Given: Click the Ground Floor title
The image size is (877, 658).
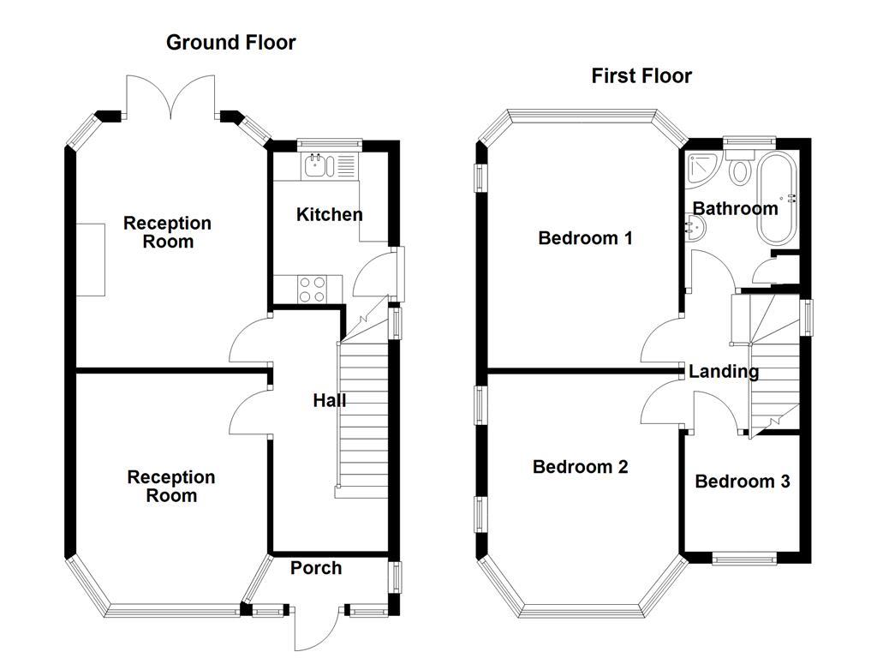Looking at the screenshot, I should [x=230, y=42].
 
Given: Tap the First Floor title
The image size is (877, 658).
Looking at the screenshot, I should [x=641, y=75].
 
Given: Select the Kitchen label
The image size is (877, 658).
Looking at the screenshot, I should [x=329, y=214].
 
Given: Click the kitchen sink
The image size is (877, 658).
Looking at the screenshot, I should [x=317, y=164].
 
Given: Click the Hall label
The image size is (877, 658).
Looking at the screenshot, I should [x=329, y=400].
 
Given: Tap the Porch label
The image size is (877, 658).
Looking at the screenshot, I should [x=315, y=568].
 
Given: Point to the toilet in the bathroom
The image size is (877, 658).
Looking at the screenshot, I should [x=739, y=168].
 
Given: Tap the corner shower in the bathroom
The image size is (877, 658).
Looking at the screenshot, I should [x=702, y=168].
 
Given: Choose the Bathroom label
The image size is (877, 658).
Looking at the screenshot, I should [x=735, y=208].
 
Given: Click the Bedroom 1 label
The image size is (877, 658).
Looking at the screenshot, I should [x=585, y=238].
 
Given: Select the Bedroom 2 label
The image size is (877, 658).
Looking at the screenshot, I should [x=580, y=467].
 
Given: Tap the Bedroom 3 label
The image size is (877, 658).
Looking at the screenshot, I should [x=742, y=482].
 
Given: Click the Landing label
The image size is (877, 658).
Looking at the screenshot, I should [x=724, y=372].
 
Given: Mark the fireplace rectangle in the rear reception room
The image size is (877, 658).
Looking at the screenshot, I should [x=90, y=260].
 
